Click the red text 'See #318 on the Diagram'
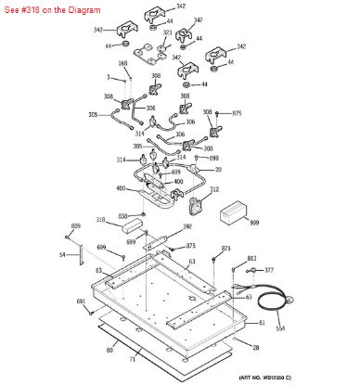tap(45, 8)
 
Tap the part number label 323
tap(167, 32)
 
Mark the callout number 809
tap(76, 226)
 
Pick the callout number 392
tap(186, 226)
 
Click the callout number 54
tap(62, 253)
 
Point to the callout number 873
tap(225, 249)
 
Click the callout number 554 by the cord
tap(281, 328)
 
